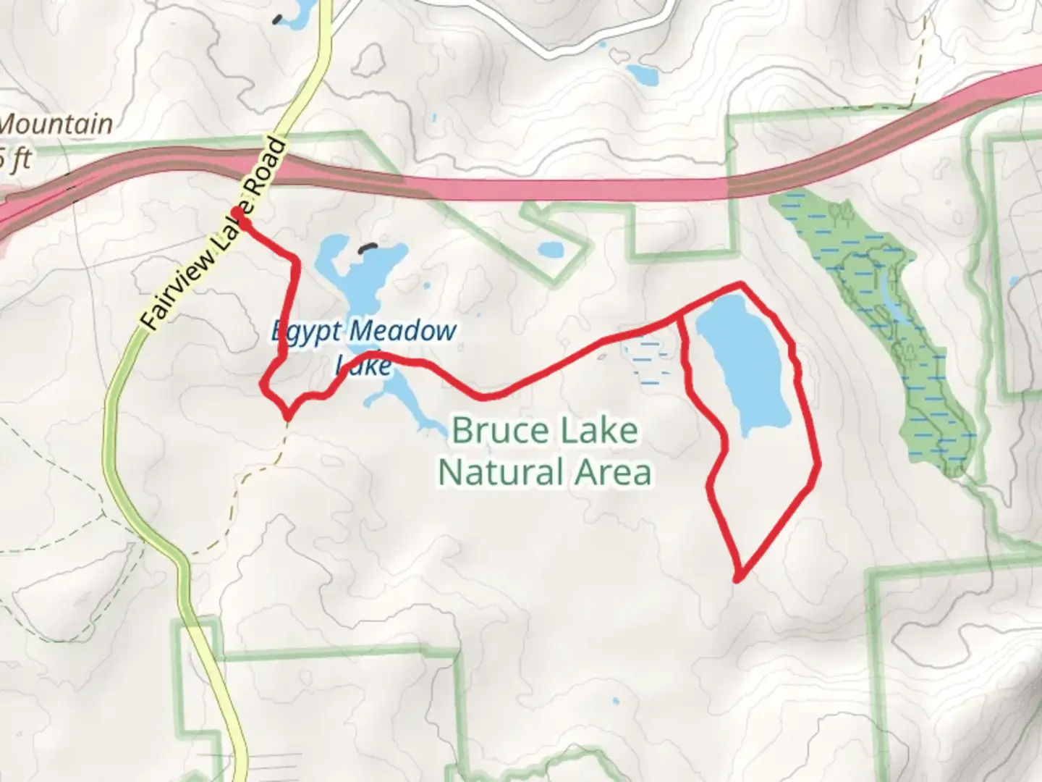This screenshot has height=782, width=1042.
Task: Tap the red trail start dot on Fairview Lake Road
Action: pos(237,212)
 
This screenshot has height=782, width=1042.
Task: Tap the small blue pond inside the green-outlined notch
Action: pos(550,250)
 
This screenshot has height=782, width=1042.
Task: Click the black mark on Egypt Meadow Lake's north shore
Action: pos(368,248)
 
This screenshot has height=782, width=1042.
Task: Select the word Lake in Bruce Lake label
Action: pos(596,431)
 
